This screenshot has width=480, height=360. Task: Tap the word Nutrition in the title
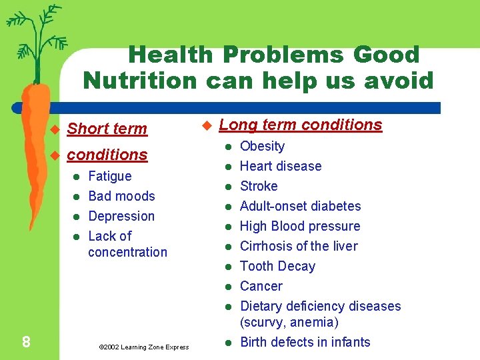[140, 81]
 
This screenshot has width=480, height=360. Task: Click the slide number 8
[25, 342]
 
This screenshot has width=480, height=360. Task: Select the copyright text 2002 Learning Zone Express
[143, 347]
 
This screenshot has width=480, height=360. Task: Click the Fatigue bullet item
[110, 176]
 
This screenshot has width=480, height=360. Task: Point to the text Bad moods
[121, 196]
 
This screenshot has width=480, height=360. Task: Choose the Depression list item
[121, 216]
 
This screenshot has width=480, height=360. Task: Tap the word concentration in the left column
[127, 252]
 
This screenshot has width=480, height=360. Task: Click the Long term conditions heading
[300, 125]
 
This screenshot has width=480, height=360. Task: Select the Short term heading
[107, 129]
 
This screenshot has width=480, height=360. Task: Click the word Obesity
[262, 146]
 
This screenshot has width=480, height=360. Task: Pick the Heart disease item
[281, 166]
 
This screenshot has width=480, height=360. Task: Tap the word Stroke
[259, 186]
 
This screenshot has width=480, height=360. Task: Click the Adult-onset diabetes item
[300, 206]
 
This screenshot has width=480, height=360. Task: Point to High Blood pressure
[300, 226]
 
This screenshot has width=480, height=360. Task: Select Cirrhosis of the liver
[299, 246]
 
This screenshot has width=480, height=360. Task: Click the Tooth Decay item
[277, 266]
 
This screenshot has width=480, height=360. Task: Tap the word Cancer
[261, 286]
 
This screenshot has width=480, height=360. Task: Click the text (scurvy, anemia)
[289, 322]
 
